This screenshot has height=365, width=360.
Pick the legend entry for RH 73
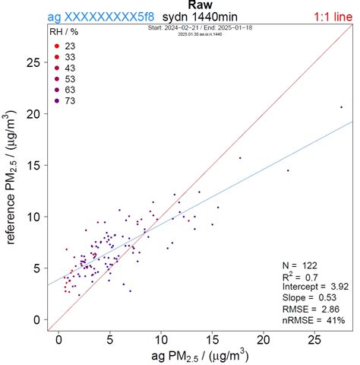tap(68, 100)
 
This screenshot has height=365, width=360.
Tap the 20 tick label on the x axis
tap(264, 341)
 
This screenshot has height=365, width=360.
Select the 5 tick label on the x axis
tap(110, 341)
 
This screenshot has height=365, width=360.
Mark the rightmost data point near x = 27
tap(341, 107)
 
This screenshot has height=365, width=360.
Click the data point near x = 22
tap(288, 170)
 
